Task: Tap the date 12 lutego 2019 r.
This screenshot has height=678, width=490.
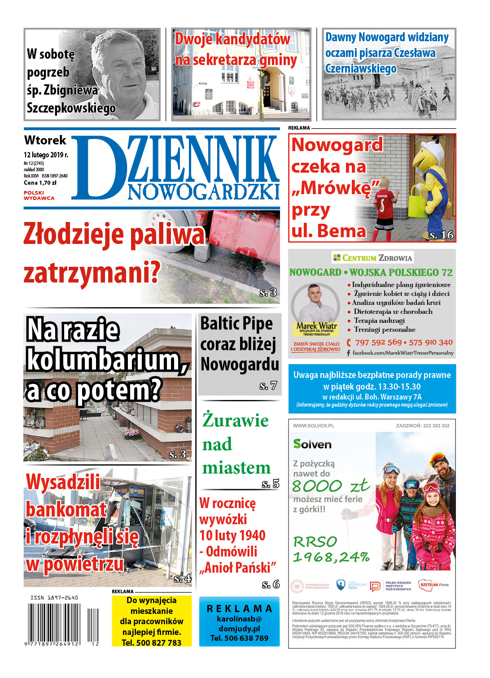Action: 46,155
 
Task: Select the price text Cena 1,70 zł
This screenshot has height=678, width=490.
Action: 40,183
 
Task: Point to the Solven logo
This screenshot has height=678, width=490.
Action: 312,444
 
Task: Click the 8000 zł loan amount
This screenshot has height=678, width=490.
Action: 331,486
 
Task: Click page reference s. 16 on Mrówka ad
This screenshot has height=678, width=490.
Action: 441,235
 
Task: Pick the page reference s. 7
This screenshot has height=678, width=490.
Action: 268,386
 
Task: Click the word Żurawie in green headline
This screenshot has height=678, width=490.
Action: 236,420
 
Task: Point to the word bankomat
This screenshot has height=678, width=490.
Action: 66,509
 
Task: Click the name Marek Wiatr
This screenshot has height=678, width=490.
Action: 317,326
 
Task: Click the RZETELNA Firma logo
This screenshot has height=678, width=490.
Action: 434,585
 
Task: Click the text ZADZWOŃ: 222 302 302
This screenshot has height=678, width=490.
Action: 422,426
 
